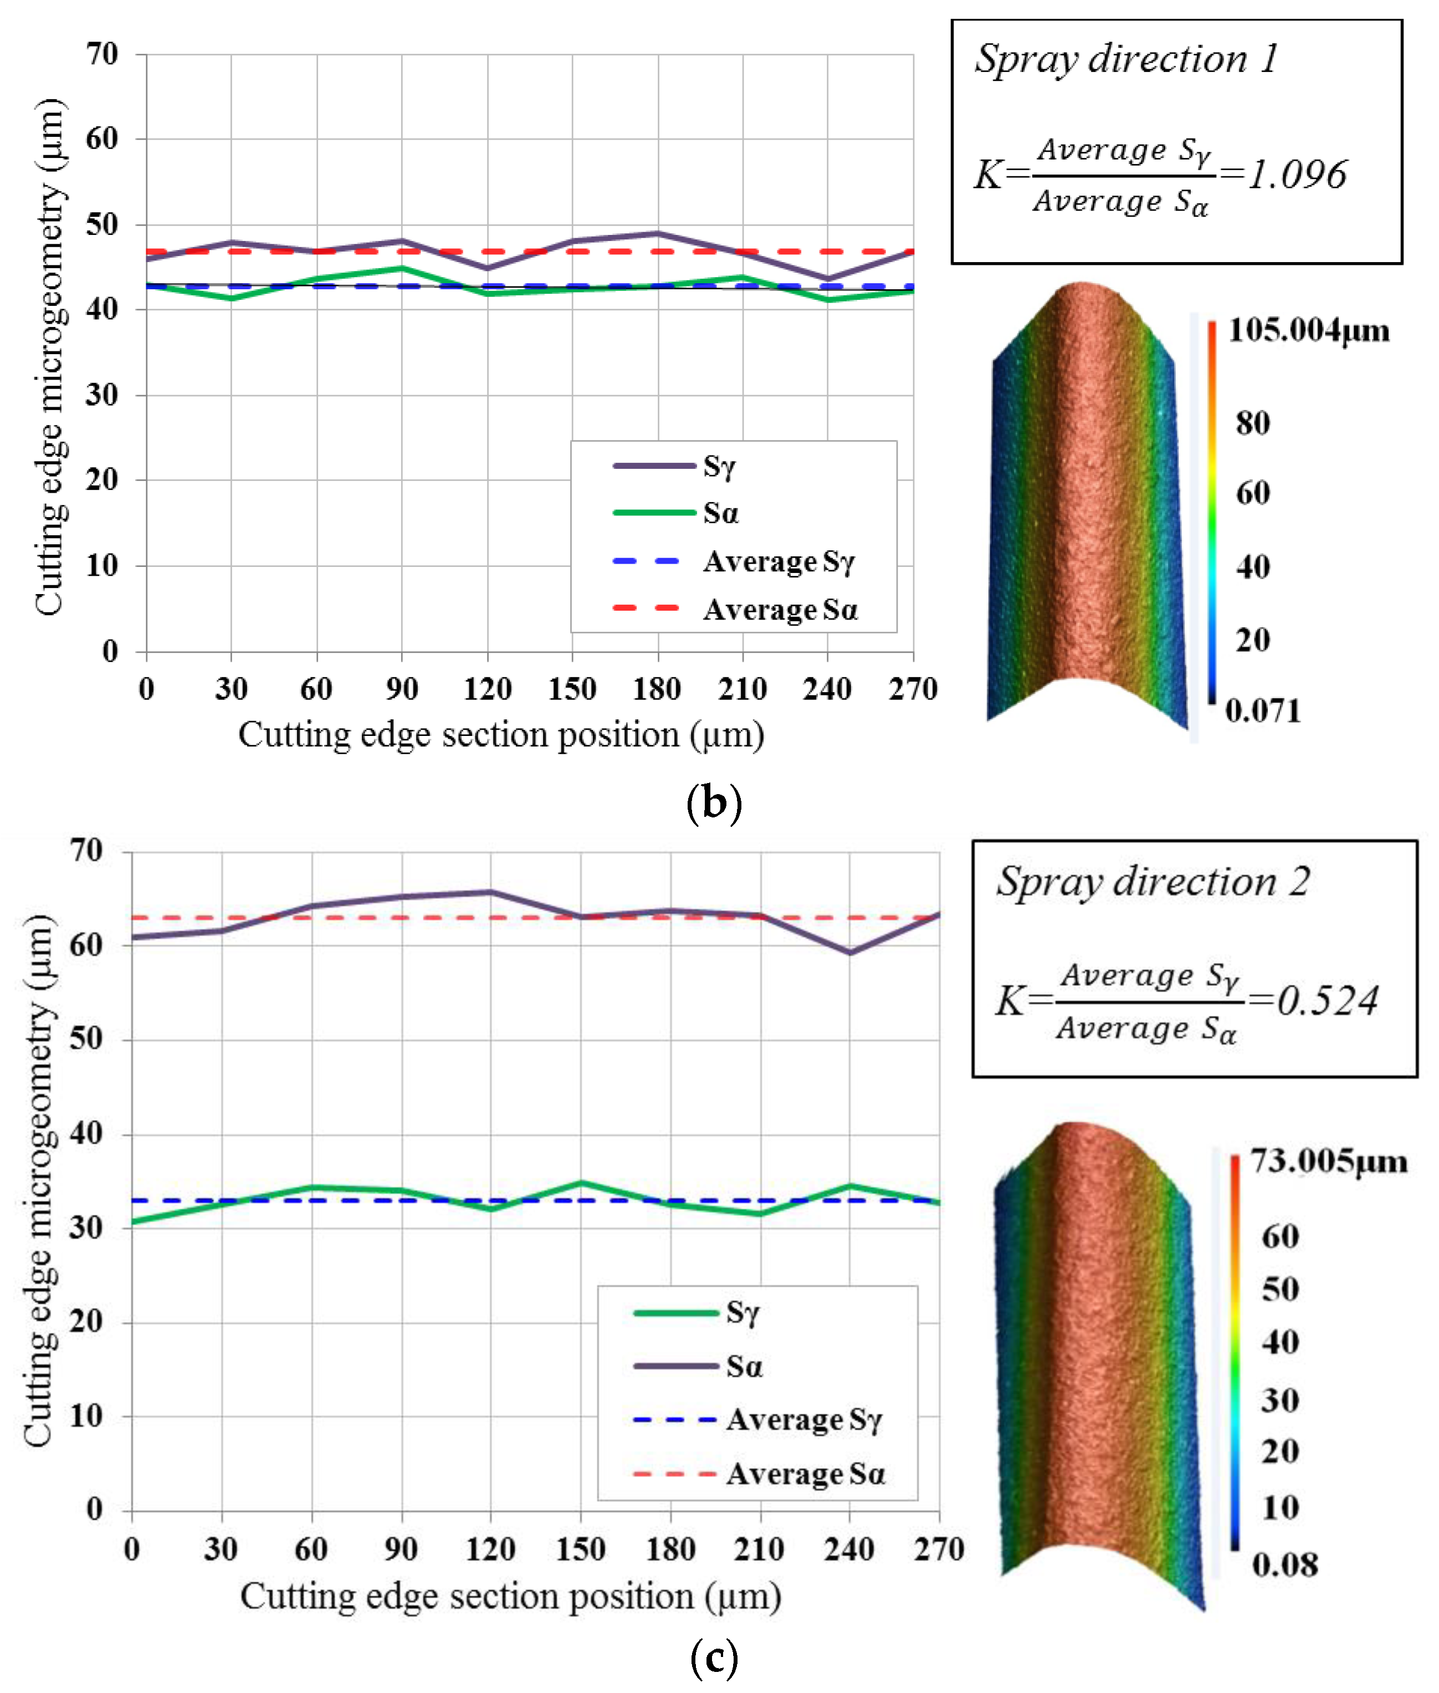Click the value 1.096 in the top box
pyautogui.click(x=1298, y=175)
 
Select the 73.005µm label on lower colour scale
pyautogui.click(x=1329, y=1161)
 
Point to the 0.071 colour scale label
pyautogui.click(x=1263, y=710)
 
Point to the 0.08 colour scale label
pyautogui.click(x=1284, y=1565)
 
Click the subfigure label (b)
pyautogui.click(x=714, y=803)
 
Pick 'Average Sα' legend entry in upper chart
pyautogui.click(x=780, y=610)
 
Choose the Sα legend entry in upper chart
pyautogui.click(x=720, y=513)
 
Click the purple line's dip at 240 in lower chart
pyautogui.click(x=850, y=952)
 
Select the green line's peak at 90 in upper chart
pyautogui.click(x=401, y=268)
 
